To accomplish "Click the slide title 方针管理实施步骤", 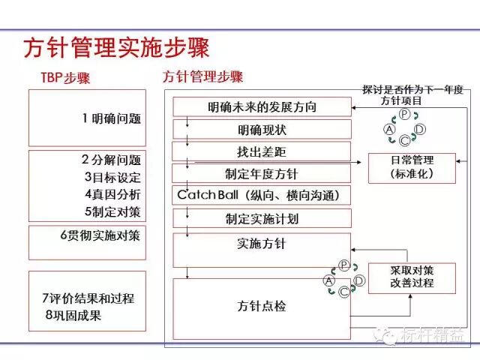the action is click(116, 47).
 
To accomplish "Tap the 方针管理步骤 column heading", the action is click(202, 77).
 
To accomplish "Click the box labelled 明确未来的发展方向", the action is click(262, 107).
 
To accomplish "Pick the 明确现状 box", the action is click(262, 130).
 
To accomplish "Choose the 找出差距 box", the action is click(262, 152).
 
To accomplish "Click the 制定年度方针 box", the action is click(262, 174).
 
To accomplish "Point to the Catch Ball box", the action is click(262, 196).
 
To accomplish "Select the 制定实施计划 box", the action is click(262, 219).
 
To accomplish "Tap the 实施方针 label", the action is click(262, 244).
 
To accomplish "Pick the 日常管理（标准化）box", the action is click(412, 166).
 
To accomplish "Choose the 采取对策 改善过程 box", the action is click(412, 277).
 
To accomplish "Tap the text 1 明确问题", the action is click(112, 118).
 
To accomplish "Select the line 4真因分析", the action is click(112, 194).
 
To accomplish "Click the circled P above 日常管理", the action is click(404, 114).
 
